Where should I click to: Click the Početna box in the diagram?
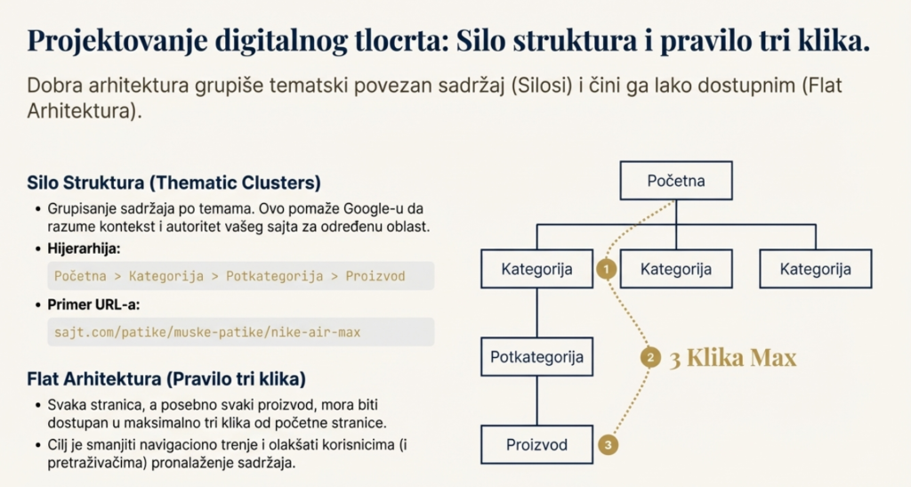coord(676,181)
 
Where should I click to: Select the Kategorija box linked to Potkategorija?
coord(536,268)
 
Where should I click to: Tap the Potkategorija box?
coord(536,357)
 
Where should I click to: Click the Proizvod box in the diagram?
coord(536,444)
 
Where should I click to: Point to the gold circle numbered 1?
coord(607,268)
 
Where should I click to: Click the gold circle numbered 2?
coord(650,358)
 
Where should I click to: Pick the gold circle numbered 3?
coord(608,444)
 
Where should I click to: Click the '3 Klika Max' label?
coord(732,358)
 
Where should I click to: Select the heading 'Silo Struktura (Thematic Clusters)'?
coord(173,183)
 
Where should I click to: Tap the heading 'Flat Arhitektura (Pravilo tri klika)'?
coord(166,379)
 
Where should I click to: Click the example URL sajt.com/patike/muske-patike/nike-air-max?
coord(206,332)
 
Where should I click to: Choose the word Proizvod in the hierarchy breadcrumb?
coord(375,276)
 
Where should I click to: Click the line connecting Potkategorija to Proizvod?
coord(536,401)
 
